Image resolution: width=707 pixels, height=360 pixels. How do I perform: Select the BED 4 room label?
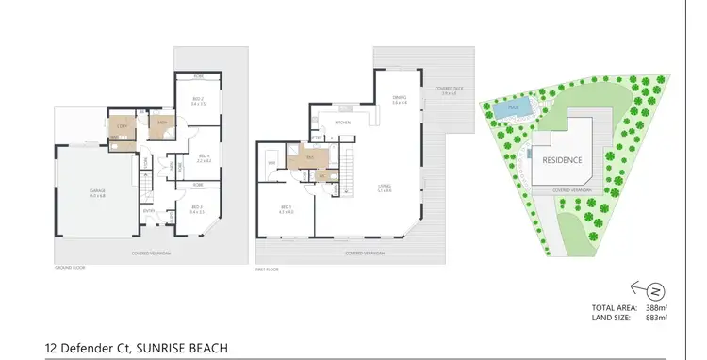point(203,155)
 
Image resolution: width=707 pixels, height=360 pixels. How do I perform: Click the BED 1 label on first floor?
point(287,208)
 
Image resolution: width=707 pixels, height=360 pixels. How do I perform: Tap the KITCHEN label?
point(343,123)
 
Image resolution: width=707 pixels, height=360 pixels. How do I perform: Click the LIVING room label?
point(384,187)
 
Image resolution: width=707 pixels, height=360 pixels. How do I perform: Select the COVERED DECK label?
point(445,90)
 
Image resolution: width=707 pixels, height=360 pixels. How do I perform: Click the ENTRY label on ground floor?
point(149,211)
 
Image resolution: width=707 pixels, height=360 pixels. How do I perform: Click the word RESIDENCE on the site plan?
point(562,160)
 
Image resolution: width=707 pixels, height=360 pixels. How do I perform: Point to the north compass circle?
point(656,290)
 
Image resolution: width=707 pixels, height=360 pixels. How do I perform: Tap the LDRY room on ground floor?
point(122,127)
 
